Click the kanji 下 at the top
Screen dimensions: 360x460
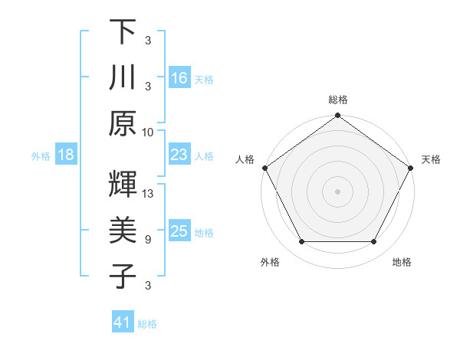pos(123,32)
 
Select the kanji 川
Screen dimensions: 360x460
pos(123,77)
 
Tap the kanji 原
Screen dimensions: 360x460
pos(123,123)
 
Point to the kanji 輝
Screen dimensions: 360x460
pos(123,185)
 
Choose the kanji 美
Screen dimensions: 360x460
pos(123,230)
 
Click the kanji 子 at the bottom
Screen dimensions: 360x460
pos(123,276)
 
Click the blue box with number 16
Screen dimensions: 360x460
pos(179,77)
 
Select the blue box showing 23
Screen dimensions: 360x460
pos(179,155)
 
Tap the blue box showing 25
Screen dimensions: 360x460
pos(179,231)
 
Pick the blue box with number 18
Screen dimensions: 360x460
pos(66,155)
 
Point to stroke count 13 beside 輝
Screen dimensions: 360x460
pos(149,194)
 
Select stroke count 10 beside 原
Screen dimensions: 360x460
pos(148,132)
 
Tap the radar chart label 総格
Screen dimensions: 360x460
pos(338,100)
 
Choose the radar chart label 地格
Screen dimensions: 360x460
pos(402,262)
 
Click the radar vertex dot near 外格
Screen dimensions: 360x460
pos(301,242)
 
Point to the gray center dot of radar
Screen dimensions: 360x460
pos(338,191)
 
